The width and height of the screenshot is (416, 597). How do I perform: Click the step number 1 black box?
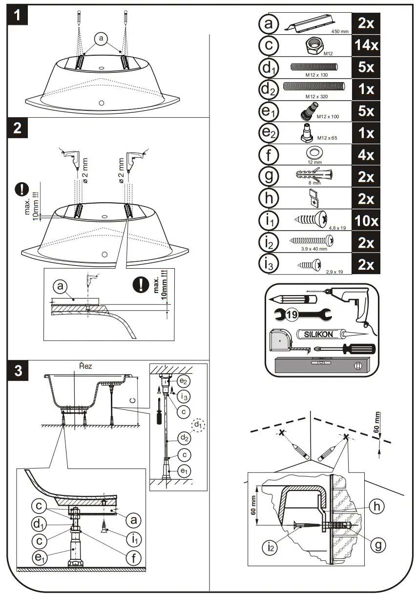17,16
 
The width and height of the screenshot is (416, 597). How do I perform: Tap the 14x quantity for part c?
365,45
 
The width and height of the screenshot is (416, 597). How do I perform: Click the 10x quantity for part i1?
365,221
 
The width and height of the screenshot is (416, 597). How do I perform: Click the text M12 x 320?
316,97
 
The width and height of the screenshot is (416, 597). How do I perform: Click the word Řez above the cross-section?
85,365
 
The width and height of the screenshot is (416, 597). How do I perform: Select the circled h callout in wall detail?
375,507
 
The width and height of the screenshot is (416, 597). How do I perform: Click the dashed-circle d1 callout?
198,425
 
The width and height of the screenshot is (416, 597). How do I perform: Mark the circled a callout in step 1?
101,39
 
